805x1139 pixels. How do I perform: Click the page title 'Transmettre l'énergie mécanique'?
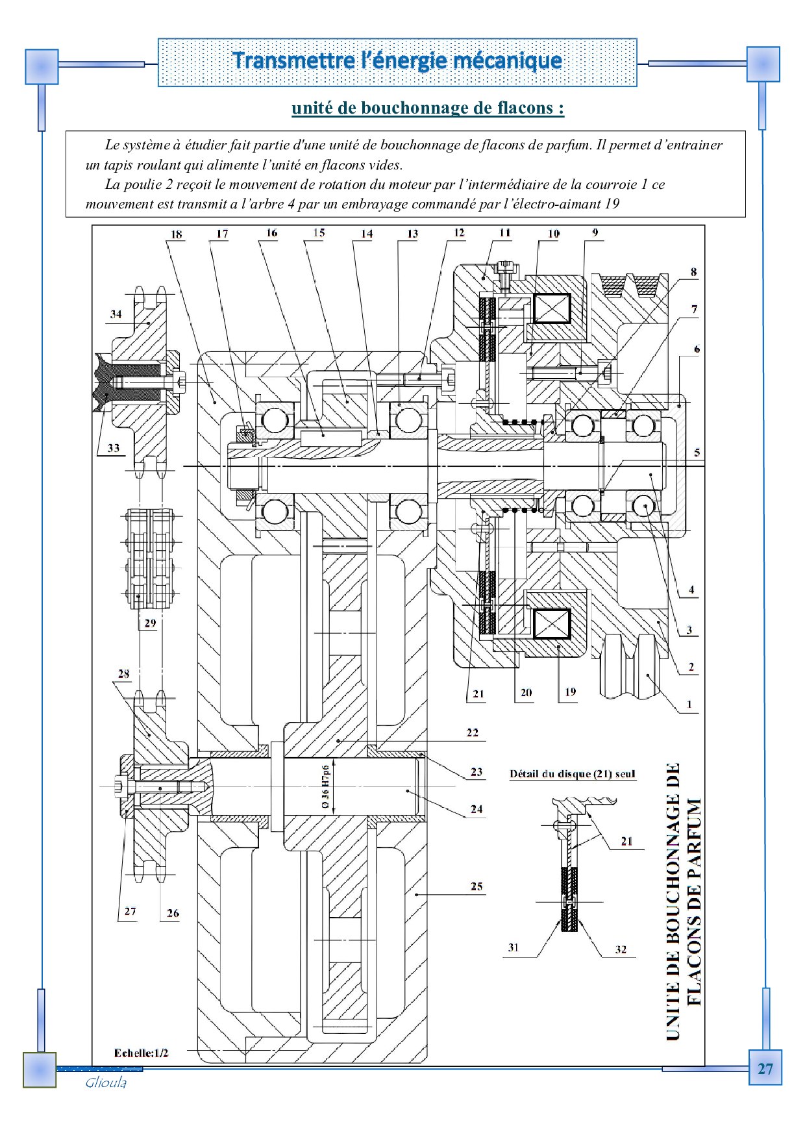[397, 60]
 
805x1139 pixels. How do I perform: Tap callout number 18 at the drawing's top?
[176, 234]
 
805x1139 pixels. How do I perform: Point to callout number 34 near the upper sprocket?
[116, 314]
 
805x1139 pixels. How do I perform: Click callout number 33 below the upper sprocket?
[114, 447]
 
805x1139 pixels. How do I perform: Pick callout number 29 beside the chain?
[150, 623]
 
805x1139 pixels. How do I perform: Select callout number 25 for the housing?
[477, 886]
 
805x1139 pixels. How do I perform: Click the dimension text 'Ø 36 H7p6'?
[325, 786]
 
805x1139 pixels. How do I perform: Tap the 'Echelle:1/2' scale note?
[141, 1053]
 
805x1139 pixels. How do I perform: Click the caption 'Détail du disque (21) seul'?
[573, 773]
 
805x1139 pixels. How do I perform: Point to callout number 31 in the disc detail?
[514, 947]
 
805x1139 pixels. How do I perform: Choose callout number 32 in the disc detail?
[621, 949]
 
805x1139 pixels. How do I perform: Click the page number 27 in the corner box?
[765, 1069]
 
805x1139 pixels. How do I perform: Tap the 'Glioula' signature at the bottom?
[106, 1083]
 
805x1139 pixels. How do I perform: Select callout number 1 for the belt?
[689, 704]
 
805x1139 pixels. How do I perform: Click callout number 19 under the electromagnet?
[570, 692]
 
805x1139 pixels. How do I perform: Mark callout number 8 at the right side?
[693, 272]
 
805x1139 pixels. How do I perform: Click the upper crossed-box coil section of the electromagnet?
[552, 308]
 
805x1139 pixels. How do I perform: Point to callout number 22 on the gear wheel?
[472, 732]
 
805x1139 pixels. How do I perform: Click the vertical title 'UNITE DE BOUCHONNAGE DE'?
[673, 901]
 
